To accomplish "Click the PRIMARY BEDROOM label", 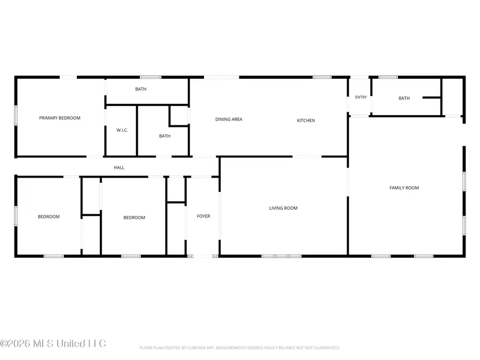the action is pyautogui.click(x=60, y=118).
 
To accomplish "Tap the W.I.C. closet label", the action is pyautogui.click(x=122, y=130).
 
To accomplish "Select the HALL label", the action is pyautogui.click(x=119, y=167).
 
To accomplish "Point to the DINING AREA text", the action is pyautogui.click(x=229, y=119).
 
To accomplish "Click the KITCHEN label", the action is pyautogui.click(x=306, y=121).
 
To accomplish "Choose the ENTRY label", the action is pyautogui.click(x=361, y=97).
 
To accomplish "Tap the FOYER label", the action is pyautogui.click(x=203, y=216).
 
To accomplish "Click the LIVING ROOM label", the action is pyautogui.click(x=283, y=208).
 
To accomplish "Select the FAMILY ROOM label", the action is pyautogui.click(x=404, y=188).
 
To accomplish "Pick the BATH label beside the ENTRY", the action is pyautogui.click(x=404, y=98).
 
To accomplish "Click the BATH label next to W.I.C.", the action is pyautogui.click(x=165, y=136).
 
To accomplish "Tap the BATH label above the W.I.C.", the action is pyautogui.click(x=141, y=89).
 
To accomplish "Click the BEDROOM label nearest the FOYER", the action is pyautogui.click(x=134, y=218).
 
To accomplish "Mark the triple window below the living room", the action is pyautogui.click(x=281, y=256).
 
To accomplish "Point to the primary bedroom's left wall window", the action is pyautogui.click(x=16, y=115).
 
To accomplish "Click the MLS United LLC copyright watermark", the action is pyautogui.click(x=53, y=343).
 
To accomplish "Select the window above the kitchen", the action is pyautogui.click(x=322, y=77).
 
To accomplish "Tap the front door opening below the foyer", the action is pyautogui.click(x=202, y=256).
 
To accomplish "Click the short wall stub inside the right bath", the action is pyautogui.click(x=431, y=98).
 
